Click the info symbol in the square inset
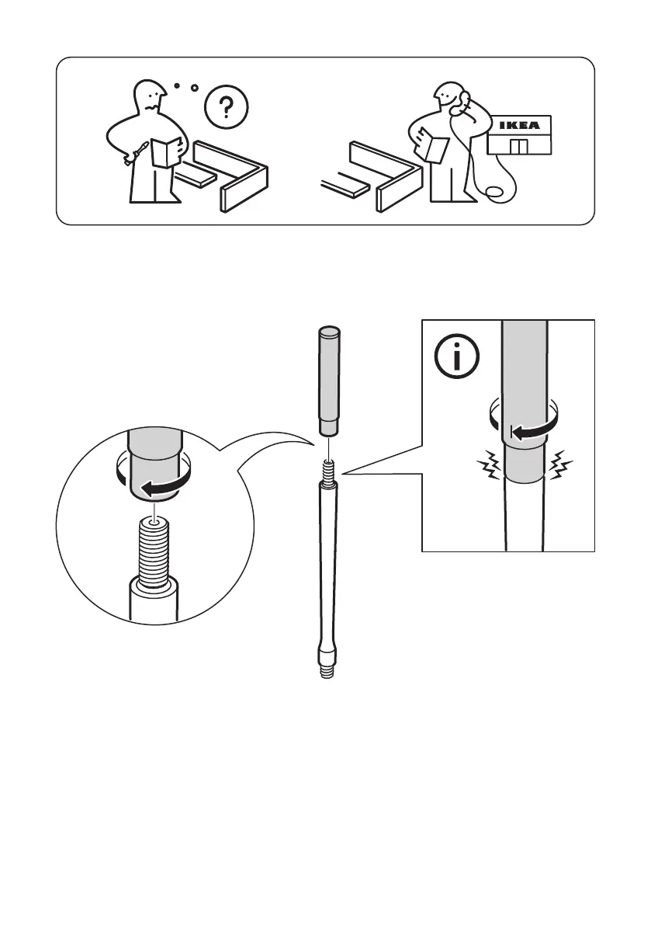(456, 357)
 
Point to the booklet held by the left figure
(165, 150)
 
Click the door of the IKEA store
(518, 148)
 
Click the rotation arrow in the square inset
(528, 432)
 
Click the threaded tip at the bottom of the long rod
(326, 669)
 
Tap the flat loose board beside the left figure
(194, 178)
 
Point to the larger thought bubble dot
(194, 88)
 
